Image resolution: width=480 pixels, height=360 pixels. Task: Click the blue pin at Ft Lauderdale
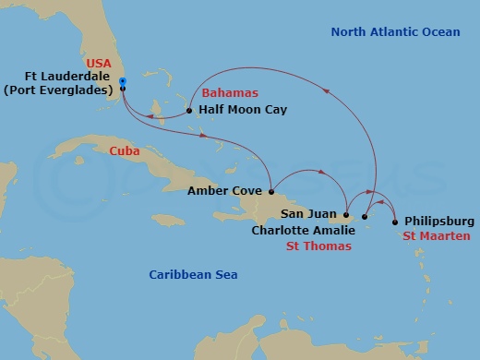click(x=122, y=82)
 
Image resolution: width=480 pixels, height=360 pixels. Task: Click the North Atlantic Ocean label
click(x=395, y=32)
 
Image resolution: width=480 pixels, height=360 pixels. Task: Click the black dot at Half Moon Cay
click(x=189, y=110)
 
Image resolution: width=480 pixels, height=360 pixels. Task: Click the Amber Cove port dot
click(x=271, y=192)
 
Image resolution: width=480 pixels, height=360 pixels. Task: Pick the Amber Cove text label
click(x=224, y=192)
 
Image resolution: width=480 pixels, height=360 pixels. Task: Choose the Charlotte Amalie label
click(x=302, y=231)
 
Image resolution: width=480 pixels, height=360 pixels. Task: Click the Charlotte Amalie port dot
click(x=366, y=218)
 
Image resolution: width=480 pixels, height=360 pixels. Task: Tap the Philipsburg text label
click(x=439, y=222)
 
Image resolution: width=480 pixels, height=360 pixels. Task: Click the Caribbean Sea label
click(x=193, y=274)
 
